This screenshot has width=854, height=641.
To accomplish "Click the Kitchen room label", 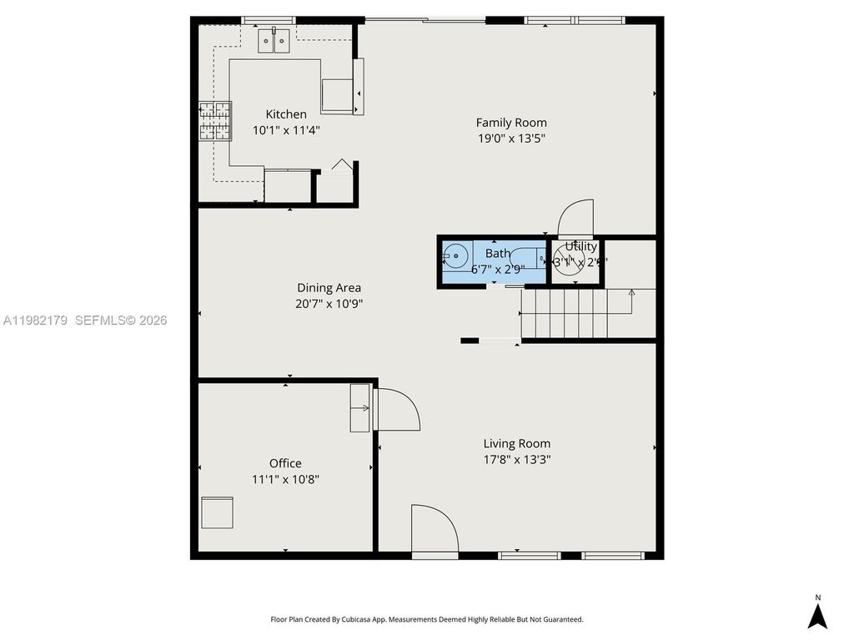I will [286, 114].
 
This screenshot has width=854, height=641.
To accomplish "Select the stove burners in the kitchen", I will [214, 120].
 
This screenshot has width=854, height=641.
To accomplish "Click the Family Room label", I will [511, 123].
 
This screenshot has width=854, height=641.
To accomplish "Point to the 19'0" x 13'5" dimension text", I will [511, 139].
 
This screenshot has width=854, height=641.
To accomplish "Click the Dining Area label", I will [329, 288].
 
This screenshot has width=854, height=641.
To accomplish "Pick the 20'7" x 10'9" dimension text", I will [329, 304].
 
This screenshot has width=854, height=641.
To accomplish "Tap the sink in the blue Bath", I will [455, 256].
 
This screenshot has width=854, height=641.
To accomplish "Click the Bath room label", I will [498, 254].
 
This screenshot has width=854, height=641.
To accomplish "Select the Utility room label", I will [580, 247].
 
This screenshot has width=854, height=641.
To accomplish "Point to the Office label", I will [285, 463].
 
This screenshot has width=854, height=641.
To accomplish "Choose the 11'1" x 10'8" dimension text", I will [285, 479].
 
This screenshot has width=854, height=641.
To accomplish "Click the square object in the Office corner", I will [218, 512].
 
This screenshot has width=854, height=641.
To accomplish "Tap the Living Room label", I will [517, 444].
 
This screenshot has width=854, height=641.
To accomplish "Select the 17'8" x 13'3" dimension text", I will [517, 459].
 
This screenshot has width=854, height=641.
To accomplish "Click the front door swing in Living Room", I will [434, 529].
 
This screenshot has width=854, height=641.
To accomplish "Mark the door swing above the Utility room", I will [575, 219].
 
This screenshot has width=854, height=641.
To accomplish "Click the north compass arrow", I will [818, 616].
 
